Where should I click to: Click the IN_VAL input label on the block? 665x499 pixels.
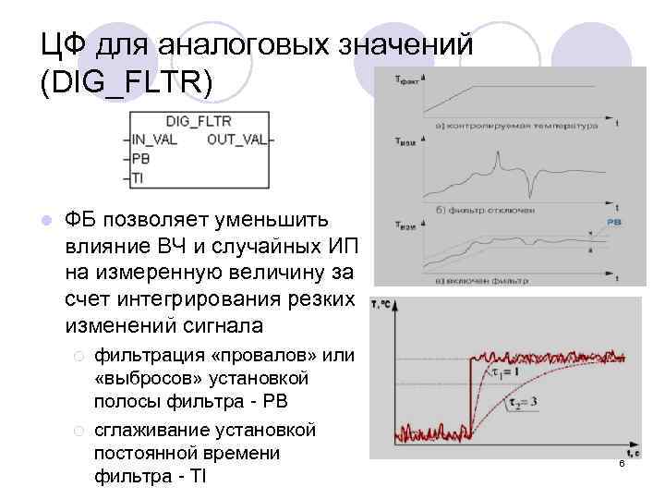155,140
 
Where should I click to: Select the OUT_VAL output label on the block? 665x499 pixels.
236,140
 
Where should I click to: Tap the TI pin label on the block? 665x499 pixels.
138,177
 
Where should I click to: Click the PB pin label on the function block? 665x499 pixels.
140,159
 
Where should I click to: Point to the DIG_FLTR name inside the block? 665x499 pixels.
198,121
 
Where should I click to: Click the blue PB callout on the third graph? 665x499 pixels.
613,223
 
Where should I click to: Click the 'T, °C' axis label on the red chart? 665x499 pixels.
381,303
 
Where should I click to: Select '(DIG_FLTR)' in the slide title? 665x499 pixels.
126,82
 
